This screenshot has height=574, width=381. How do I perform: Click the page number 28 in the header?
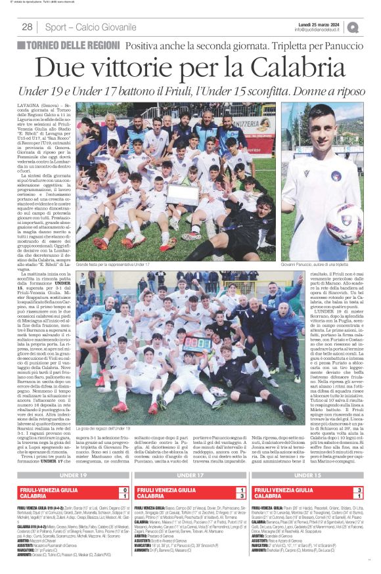28,27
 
